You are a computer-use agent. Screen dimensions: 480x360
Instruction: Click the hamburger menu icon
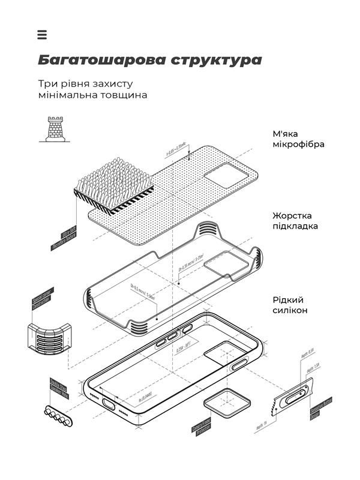click(x=42, y=35)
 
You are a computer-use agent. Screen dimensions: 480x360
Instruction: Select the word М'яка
click(x=284, y=133)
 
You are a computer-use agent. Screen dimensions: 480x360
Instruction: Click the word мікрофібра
click(x=299, y=145)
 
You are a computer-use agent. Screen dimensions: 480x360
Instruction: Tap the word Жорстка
click(x=292, y=215)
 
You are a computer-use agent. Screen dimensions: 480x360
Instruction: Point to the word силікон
click(x=290, y=310)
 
